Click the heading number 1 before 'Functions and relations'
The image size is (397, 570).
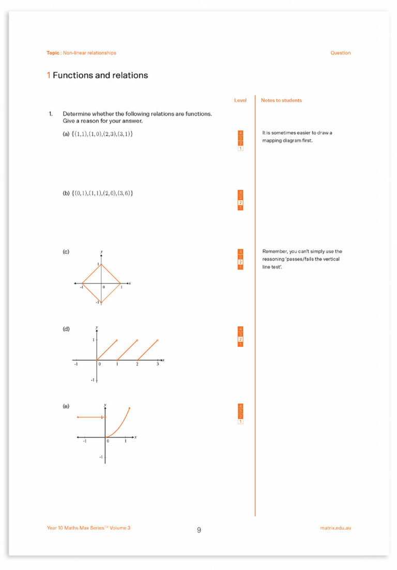[x=49, y=75]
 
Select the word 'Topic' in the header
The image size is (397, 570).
[x=53, y=53]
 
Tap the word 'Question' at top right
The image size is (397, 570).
[x=340, y=53]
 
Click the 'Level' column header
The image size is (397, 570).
[x=240, y=100]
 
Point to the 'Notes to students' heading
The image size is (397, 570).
[x=281, y=100]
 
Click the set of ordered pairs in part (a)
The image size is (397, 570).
[x=102, y=134]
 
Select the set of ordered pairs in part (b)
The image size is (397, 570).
[x=102, y=193]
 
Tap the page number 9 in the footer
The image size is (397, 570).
[x=199, y=530]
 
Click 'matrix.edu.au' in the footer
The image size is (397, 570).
[x=335, y=528]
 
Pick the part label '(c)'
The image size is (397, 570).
[x=66, y=252]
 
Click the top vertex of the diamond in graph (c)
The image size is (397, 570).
[x=101, y=264]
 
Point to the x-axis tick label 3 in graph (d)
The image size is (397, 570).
[x=158, y=365]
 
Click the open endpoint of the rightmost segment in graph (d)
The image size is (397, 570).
[x=157, y=340]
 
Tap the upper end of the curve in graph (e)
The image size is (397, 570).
[x=129, y=408]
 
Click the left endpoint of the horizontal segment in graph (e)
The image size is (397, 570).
[x=78, y=417]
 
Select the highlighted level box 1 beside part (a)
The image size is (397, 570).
[x=240, y=149]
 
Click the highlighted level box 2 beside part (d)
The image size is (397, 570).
[x=240, y=339]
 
